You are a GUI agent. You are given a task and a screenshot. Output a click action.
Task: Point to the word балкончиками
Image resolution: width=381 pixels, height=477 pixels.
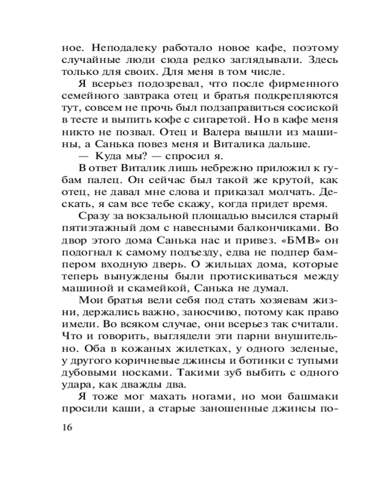click(271, 230)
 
